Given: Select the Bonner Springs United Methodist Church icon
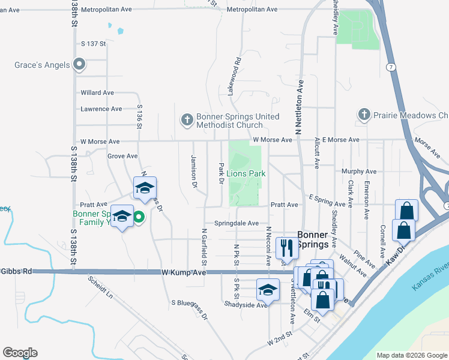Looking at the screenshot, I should click(x=187, y=121).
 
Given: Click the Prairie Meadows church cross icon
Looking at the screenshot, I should click(x=363, y=115).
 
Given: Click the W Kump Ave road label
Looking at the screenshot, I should click(x=184, y=272).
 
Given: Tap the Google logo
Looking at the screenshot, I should click(x=20, y=353).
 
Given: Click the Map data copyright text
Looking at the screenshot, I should click(x=412, y=355).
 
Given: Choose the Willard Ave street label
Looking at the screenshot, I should click(x=97, y=93).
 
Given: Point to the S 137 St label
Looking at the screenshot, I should click(x=93, y=44).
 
